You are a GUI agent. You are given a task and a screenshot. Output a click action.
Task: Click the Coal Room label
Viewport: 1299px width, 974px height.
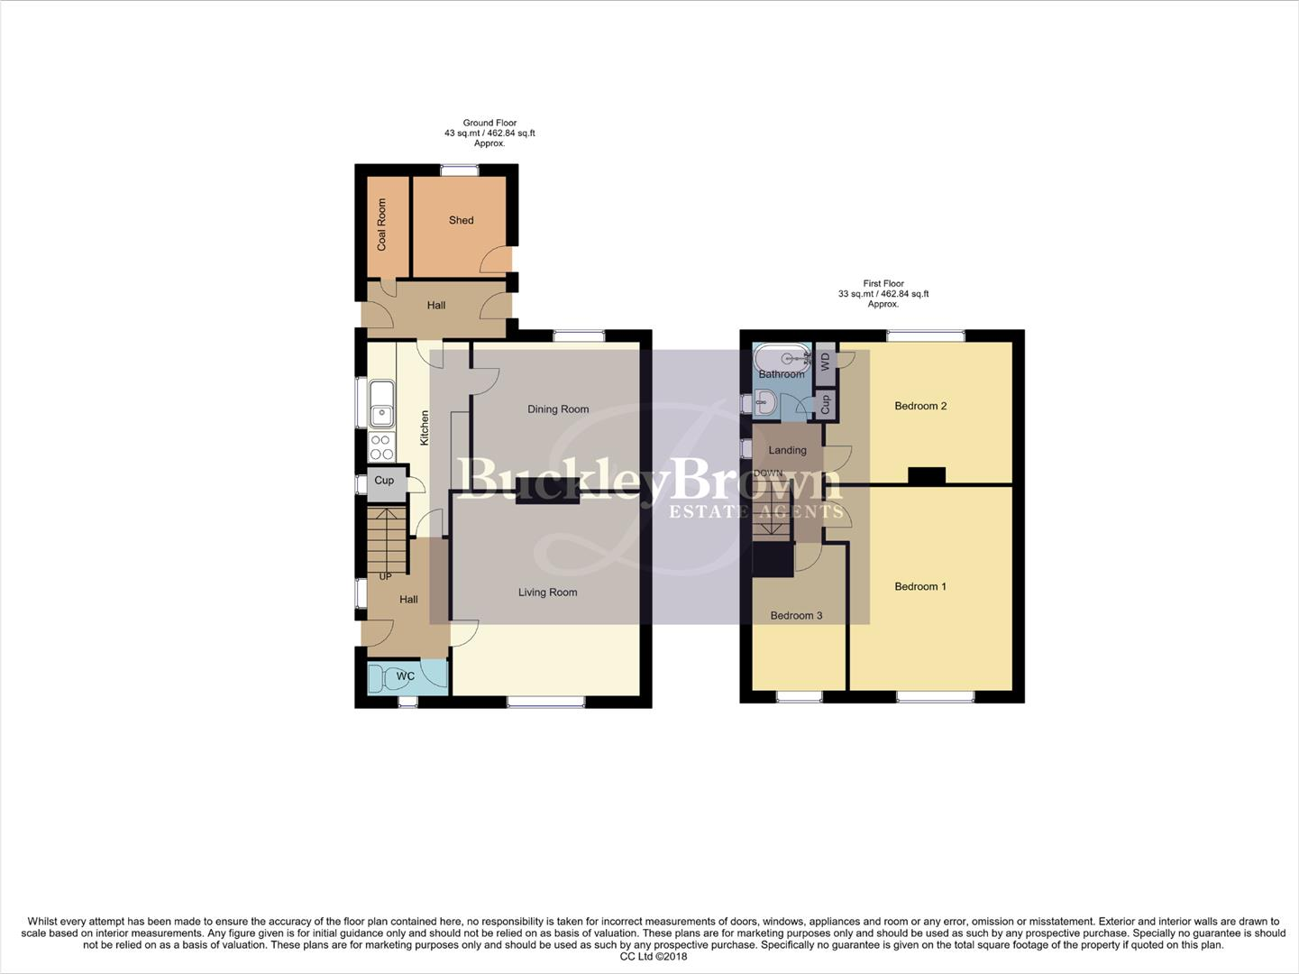click(381, 225)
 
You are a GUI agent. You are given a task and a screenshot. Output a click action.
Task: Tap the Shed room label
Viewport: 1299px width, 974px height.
click(461, 220)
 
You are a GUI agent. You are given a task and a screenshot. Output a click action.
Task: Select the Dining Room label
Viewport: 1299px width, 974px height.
click(558, 409)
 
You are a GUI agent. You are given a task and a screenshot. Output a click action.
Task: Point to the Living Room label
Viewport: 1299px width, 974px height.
click(547, 593)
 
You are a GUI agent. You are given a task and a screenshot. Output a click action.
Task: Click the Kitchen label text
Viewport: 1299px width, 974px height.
click(425, 427)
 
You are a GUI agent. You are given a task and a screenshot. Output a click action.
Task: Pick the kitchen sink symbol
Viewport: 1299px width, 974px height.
click(382, 403)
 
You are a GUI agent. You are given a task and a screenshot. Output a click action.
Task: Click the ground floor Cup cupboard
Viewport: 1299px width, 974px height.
click(384, 481)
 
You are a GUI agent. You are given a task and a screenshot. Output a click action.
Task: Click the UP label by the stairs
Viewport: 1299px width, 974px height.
click(385, 576)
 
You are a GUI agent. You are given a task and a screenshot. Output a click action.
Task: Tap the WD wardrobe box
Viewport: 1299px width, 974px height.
click(825, 362)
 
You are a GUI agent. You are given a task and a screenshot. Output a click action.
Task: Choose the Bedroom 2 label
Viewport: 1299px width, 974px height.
click(920, 406)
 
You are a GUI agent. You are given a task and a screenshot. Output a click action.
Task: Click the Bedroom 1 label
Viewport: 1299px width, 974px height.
click(920, 586)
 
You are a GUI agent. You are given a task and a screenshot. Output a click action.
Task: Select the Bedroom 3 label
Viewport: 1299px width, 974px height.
click(796, 616)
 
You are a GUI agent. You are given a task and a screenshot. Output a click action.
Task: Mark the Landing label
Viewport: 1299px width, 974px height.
click(787, 450)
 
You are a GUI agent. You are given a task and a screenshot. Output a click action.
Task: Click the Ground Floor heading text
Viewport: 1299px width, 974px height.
click(489, 123)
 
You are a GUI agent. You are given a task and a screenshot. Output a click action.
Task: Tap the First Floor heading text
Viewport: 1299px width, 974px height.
click(883, 283)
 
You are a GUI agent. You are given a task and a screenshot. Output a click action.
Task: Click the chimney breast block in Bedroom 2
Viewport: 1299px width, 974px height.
click(926, 476)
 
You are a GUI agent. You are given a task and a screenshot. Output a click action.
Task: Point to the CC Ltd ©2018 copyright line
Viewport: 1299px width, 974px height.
click(654, 957)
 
